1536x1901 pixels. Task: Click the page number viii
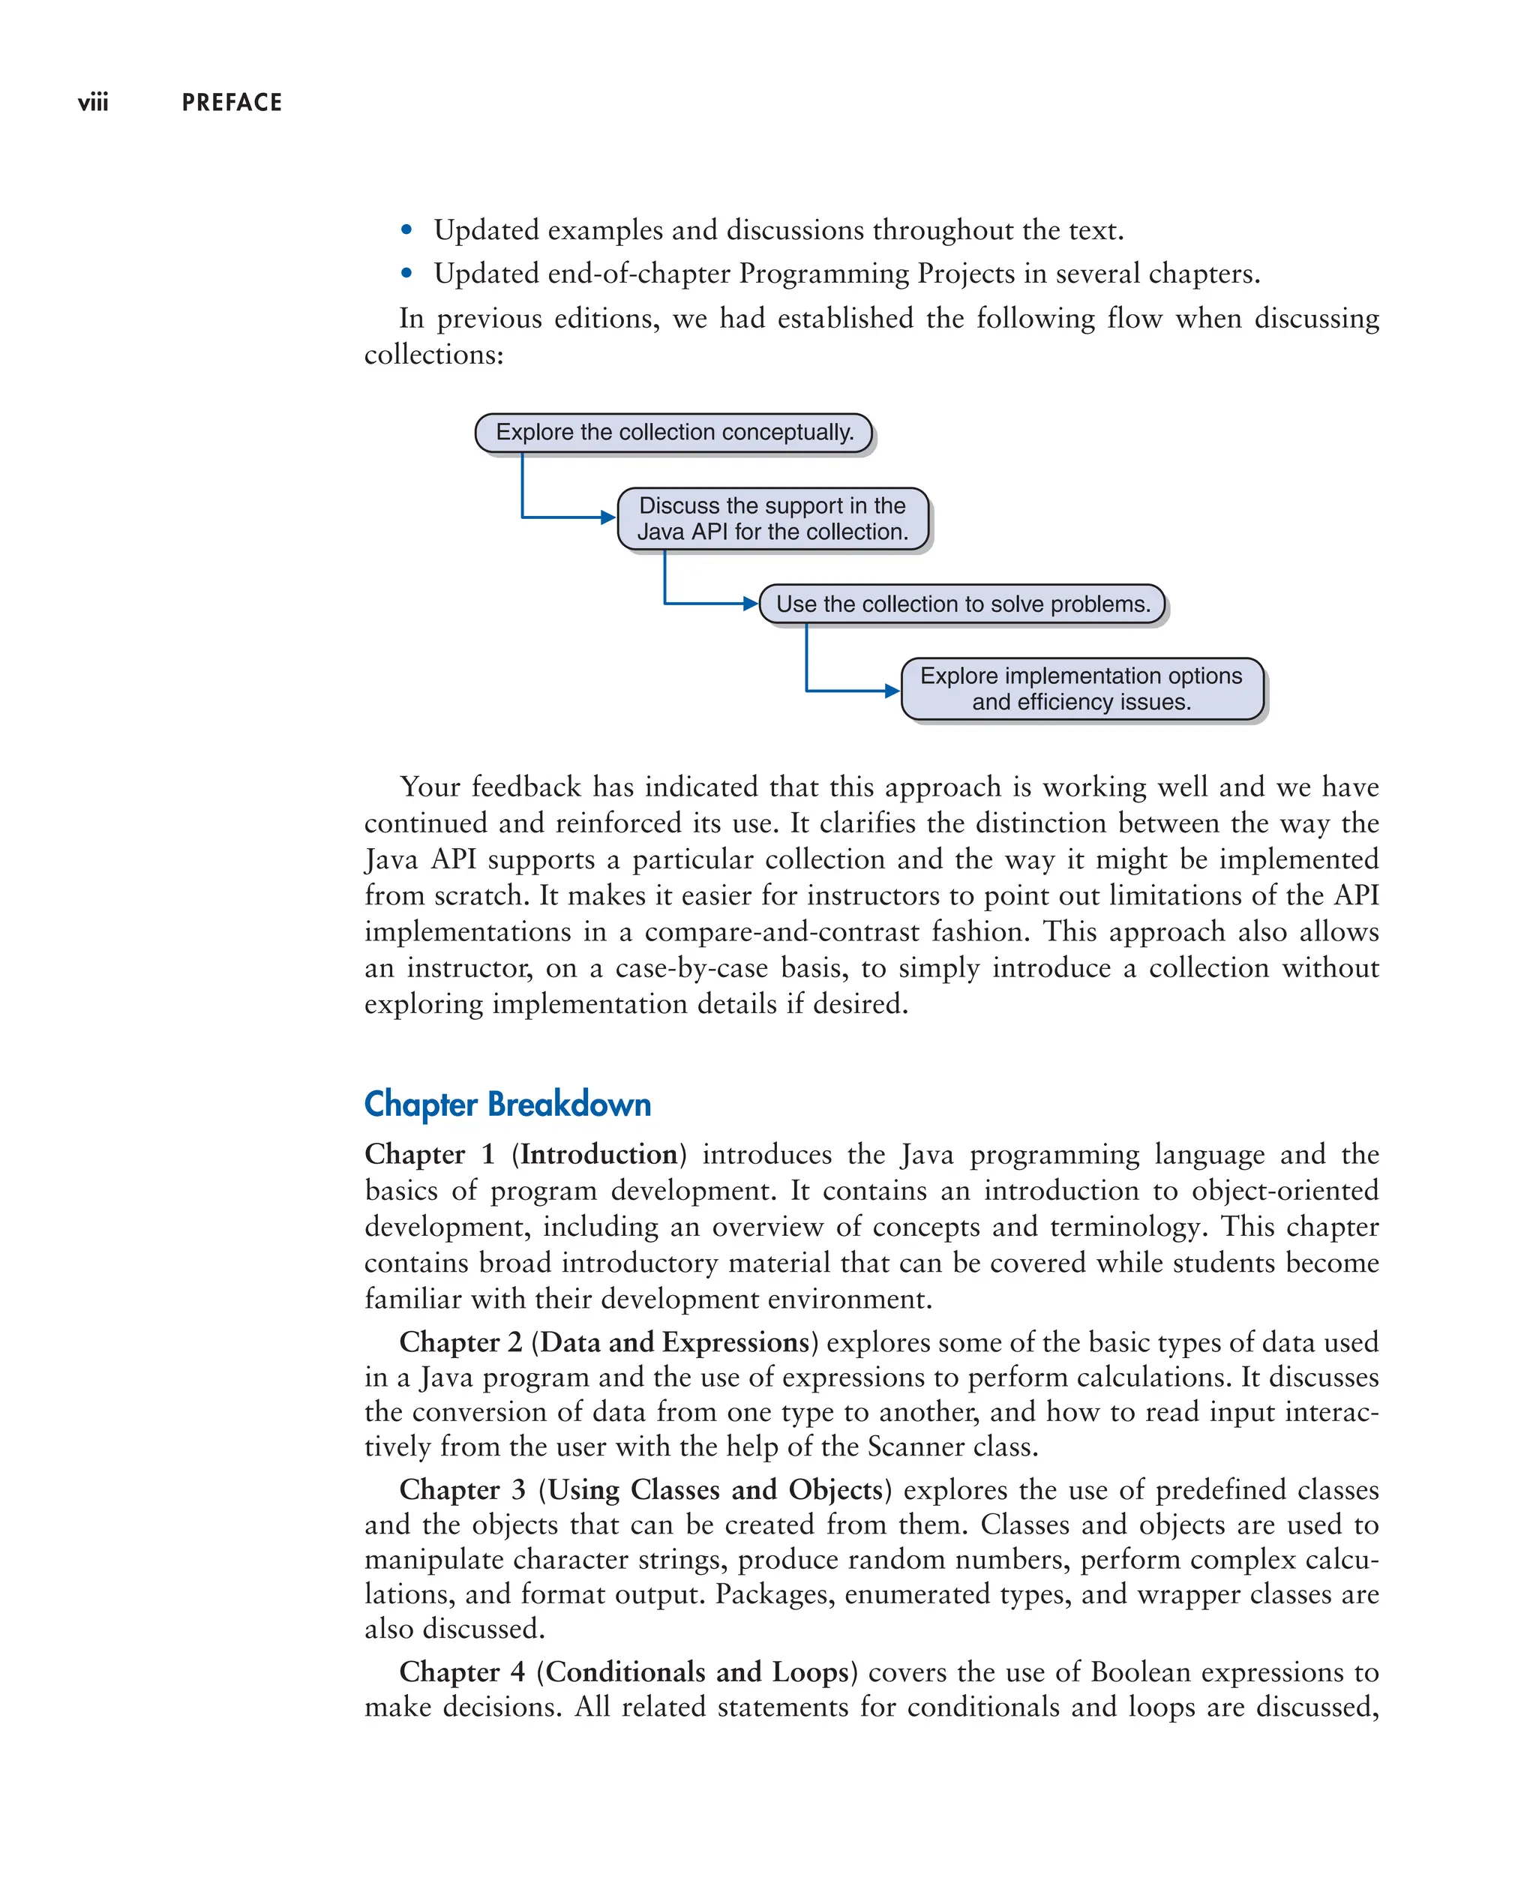93,103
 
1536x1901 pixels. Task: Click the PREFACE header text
232,103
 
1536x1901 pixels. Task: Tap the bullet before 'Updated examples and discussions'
406,231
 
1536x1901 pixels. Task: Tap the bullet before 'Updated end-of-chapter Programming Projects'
406,274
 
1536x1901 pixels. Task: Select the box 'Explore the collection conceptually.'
674,433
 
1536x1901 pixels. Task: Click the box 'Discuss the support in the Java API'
772,518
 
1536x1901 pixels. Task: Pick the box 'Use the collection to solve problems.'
963,604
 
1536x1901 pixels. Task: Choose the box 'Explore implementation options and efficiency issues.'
1081,688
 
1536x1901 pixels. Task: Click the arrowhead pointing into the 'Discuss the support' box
609,517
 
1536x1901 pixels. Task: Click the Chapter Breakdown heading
507,1104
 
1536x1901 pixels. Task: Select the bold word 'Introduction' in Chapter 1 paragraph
599,1154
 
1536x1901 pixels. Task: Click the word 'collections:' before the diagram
433,355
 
